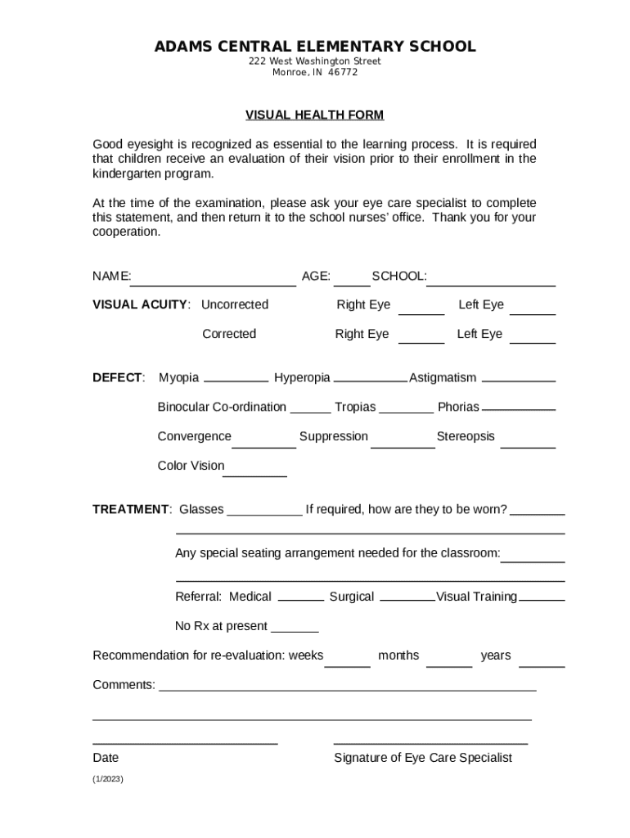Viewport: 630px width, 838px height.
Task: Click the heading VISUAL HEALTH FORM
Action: [315, 115]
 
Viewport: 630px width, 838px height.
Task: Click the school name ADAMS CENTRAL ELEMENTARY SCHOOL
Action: [315, 47]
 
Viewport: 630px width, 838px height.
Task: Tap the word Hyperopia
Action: [302, 377]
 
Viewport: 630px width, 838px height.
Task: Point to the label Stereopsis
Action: [466, 436]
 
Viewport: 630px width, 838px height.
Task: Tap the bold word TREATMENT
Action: [130, 509]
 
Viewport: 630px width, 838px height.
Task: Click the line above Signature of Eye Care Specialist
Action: [430, 741]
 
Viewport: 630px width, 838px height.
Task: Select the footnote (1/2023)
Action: [108, 780]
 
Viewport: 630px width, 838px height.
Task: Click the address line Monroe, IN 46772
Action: [315, 72]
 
